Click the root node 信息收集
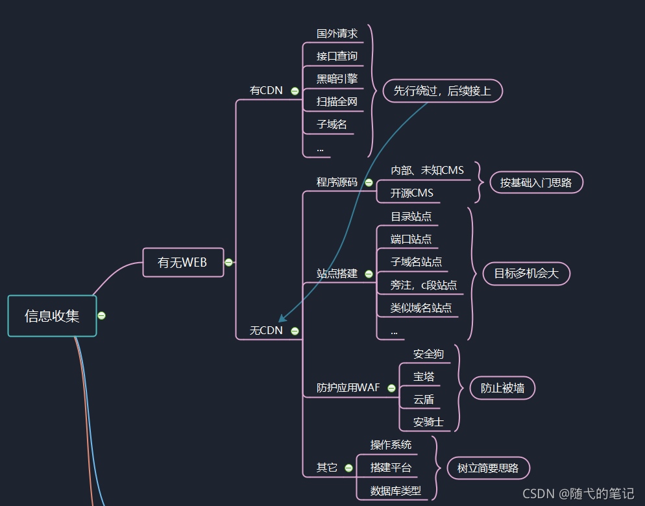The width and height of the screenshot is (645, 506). [52, 316]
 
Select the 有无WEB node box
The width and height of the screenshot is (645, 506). [182, 262]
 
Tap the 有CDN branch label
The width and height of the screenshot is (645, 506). [266, 90]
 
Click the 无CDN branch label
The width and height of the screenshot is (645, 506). [266, 330]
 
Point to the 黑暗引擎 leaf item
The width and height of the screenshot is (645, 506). [337, 78]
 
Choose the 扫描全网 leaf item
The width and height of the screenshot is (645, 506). [337, 101]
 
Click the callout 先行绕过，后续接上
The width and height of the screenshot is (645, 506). [443, 91]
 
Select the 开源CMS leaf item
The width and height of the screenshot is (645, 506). [411, 193]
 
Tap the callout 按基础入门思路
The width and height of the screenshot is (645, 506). [536, 182]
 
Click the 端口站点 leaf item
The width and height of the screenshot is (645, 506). [411, 239]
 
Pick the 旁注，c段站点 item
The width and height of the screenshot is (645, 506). [423, 285]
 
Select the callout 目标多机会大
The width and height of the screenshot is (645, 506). [526, 274]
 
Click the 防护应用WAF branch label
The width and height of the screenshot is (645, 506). [348, 388]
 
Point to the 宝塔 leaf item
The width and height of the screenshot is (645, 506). [424, 376]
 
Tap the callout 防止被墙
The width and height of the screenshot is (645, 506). [502, 388]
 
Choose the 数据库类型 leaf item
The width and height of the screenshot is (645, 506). [395, 490]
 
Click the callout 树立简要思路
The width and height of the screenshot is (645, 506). [488, 468]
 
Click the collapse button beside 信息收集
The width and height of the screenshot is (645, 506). [101, 316]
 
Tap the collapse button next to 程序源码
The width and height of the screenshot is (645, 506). [369, 182]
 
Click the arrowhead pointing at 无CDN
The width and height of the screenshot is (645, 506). [282, 319]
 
